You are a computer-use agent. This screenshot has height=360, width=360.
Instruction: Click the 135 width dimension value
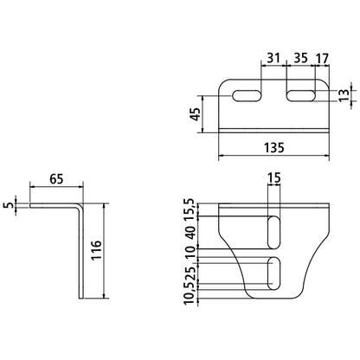point(273,147)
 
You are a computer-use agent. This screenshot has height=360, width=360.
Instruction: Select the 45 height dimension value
point(196,114)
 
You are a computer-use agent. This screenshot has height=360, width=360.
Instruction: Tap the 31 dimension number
point(273,58)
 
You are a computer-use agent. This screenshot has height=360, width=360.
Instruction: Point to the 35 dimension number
point(300,58)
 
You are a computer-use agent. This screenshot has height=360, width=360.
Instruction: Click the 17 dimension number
point(322,59)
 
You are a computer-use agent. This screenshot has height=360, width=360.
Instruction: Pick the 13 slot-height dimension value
point(344,95)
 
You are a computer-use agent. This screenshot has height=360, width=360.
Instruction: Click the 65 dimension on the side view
point(56,179)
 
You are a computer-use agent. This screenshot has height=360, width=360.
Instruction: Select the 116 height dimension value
point(96,250)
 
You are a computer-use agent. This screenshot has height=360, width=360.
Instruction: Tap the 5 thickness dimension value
point(10,205)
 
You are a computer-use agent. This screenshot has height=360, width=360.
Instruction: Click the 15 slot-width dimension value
point(274,178)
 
